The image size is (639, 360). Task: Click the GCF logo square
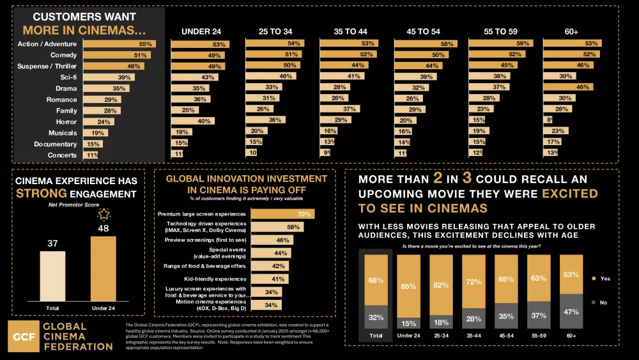(23, 336)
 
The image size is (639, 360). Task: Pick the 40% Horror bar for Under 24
(192, 121)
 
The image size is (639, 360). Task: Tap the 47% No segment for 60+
(571, 311)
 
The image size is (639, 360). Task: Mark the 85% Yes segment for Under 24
(408, 286)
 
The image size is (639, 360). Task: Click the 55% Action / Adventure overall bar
(119, 44)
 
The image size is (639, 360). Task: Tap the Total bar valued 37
(52, 274)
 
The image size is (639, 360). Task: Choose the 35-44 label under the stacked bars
(473, 334)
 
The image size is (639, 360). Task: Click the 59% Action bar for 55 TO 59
(500, 43)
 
